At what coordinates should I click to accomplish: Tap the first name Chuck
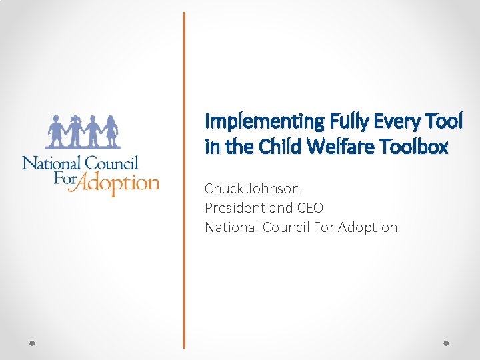click(x=224, y=189)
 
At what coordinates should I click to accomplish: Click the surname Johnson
click(x=274, y=189)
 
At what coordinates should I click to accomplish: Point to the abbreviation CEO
click(x=309, y=208)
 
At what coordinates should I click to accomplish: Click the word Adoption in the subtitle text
click(x=367, y=227)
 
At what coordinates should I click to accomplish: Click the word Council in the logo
click(x=111, y=162)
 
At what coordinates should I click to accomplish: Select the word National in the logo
click(x=51, y=162)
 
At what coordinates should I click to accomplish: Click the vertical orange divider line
click(x=184, y=180)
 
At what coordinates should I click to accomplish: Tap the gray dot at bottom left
click(x=32, y=343)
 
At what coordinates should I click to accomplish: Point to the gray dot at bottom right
click(x=447, y=343)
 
